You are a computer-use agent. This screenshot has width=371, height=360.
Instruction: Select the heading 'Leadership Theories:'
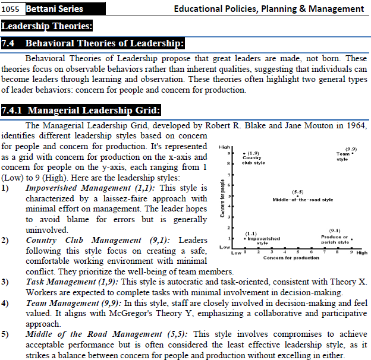pos(47,26)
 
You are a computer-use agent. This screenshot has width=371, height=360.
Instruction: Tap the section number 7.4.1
pos(13,110)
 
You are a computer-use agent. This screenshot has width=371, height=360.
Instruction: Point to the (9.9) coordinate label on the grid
pos(351,149)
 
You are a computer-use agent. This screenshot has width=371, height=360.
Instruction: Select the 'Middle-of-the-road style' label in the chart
pos(303,200)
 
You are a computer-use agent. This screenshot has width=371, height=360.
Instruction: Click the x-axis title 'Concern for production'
pos(291,258)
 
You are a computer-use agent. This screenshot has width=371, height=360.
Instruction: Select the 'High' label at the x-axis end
pos(362,252)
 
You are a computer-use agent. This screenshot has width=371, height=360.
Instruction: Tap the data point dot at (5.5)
pos(298,196)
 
